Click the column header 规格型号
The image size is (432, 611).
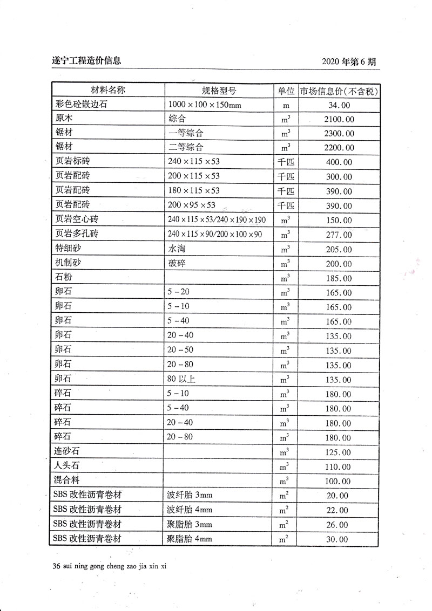[219, 90]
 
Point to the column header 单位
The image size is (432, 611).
[286, 90]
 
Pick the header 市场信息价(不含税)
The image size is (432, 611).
[339, 90]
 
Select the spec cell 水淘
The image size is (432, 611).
[177, 249]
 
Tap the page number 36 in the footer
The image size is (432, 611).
[53, 567]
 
